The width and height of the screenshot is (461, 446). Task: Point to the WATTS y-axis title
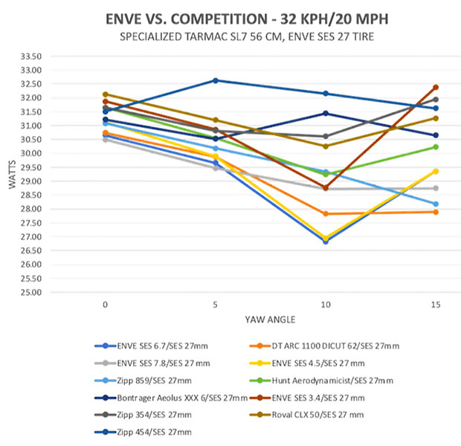tap(12, 174)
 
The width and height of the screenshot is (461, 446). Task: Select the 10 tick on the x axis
tap(324, 304)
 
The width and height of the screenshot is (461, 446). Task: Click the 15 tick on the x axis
tap(435, 304)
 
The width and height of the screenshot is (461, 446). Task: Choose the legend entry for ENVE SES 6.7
tap(151, 346)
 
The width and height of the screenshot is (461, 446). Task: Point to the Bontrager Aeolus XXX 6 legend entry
tap(169, 398)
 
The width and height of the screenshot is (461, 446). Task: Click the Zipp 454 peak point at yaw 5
tap(216, 80)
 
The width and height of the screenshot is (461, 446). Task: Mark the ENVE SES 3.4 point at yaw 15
tap(435, 87)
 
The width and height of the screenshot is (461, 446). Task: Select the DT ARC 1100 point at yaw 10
tap(325, 214)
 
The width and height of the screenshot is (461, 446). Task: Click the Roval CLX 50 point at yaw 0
tap(105, 94)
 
